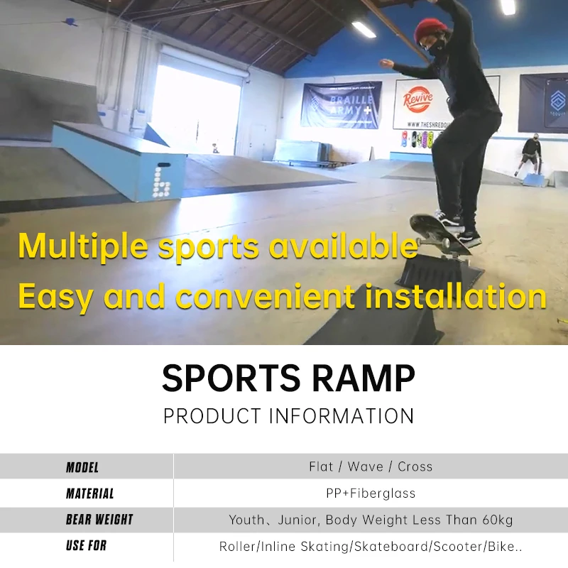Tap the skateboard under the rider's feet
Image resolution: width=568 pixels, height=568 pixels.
(439, 234)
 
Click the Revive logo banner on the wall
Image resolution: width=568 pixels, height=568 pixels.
(419, 99)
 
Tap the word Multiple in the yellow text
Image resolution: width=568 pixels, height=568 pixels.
(84, 247)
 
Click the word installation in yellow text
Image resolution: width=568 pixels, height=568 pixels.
(455, 295)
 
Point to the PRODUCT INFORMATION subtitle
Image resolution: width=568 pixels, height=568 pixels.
(288, 416)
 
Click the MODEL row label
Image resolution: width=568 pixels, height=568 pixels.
(82, 467)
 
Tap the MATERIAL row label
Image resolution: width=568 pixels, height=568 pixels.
(89, 493)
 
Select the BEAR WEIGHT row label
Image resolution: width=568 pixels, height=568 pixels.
(99, 520)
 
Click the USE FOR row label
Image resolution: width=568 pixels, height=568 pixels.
(86, 546)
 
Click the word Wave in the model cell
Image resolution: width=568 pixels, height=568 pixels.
(366, 467)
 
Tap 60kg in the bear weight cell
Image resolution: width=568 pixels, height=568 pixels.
(497, 520)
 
